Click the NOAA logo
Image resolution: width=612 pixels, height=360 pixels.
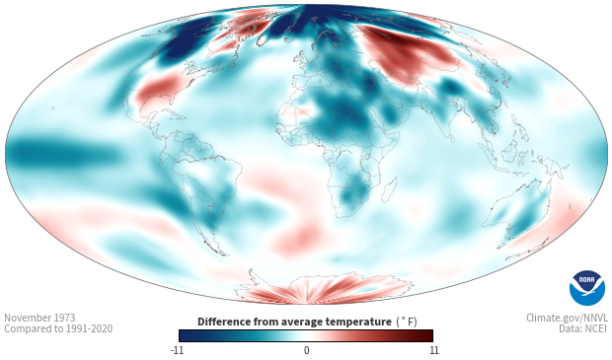(587, 288)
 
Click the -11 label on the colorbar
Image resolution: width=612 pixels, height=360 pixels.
(178, 350)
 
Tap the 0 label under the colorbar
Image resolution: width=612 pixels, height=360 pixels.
(306, 350)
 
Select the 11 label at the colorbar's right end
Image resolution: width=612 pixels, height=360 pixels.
(433, 350)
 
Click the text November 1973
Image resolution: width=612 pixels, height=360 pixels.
(39, 318)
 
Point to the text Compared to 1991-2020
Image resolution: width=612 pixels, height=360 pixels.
(58, 328)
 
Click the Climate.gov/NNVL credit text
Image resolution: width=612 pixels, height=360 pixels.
(567, 318)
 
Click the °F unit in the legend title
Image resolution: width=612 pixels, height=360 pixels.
(408, 322)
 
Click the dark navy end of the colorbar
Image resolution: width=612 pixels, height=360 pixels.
(187, 335)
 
